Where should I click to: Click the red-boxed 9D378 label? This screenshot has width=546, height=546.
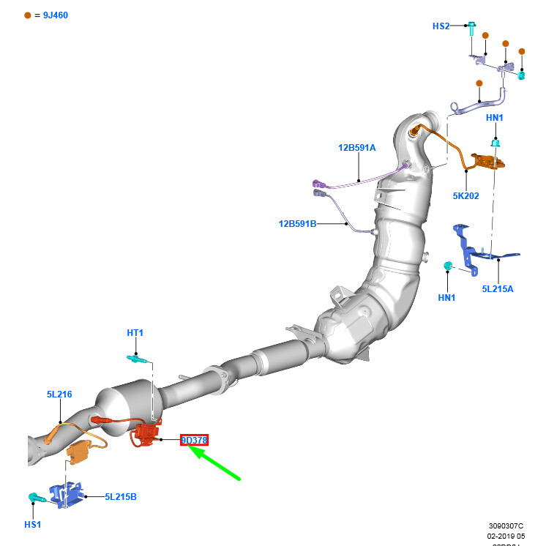tap(195, 440)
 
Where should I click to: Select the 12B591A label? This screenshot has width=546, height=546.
tap(356, 147)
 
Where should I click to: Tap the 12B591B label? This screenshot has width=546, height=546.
tap(297, 223)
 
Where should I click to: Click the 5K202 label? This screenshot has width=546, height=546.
tap(465, 195)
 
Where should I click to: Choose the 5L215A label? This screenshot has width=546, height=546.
tap(497, 288)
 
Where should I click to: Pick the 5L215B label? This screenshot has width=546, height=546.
tap(121, 497)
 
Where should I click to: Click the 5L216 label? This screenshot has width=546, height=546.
tap(59, 394)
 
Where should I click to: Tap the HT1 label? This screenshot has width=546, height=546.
tap(135, 332)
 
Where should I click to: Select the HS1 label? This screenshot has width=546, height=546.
tap(32, 524)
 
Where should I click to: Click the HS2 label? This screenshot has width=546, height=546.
tap(441, 26)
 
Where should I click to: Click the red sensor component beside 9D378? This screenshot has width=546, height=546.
tap(146, 434)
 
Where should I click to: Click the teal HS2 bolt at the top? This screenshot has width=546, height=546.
tap(471, 27)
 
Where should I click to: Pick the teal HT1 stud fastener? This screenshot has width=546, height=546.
tap(136, 359)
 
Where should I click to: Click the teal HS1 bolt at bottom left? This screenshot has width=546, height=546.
tap(34, 498)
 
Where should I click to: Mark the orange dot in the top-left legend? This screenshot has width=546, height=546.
tap(28, 15)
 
